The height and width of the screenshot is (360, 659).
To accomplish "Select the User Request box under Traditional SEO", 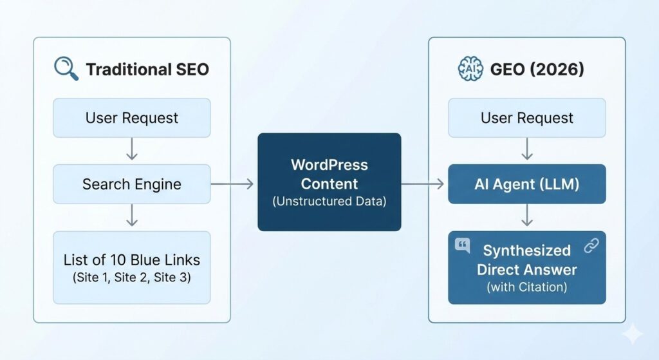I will (131, 118).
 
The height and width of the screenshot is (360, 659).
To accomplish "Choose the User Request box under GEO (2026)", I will (526, 118).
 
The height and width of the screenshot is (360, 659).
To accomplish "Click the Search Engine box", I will (131, 184).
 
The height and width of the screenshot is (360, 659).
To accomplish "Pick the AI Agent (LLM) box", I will (526, 184).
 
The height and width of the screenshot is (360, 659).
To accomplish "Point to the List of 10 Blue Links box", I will (131, 267).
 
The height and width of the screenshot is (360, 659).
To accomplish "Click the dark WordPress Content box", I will (329, 182).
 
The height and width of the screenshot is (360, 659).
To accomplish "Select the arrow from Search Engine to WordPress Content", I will (233, 185).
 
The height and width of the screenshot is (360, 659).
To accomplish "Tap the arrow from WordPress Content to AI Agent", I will (423, 185).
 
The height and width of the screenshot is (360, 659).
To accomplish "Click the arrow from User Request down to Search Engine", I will (131, 151).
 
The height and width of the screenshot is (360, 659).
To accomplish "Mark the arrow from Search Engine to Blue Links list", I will (131, 217).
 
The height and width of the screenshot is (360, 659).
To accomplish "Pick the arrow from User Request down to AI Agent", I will (526, 151).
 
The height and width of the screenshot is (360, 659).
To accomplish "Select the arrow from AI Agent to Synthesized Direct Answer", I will (526, 217).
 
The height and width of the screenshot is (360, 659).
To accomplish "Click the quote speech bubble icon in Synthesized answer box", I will (461, 245).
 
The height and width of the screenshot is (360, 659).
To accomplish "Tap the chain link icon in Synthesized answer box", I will (591, 245).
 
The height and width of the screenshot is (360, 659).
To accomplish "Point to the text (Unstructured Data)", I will (329, 202).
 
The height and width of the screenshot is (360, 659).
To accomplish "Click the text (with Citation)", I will (526, 287).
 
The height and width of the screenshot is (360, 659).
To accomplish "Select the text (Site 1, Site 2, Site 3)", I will (131, 279).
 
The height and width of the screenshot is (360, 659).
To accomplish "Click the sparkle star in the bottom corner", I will (633, 334).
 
